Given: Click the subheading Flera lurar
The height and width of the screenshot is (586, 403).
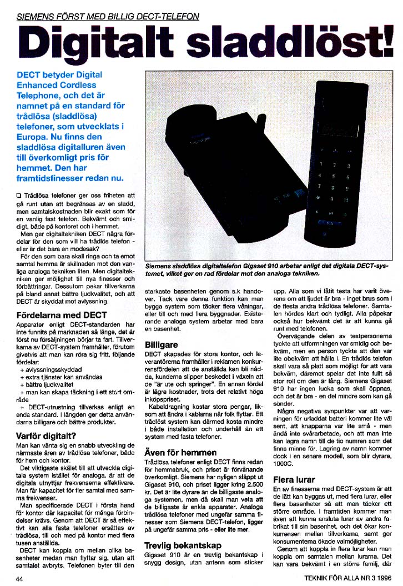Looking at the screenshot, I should (294, 479).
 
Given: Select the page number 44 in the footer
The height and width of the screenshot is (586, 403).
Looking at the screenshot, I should (21, 578).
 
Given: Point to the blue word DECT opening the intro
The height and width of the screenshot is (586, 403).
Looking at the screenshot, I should (31, 74).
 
